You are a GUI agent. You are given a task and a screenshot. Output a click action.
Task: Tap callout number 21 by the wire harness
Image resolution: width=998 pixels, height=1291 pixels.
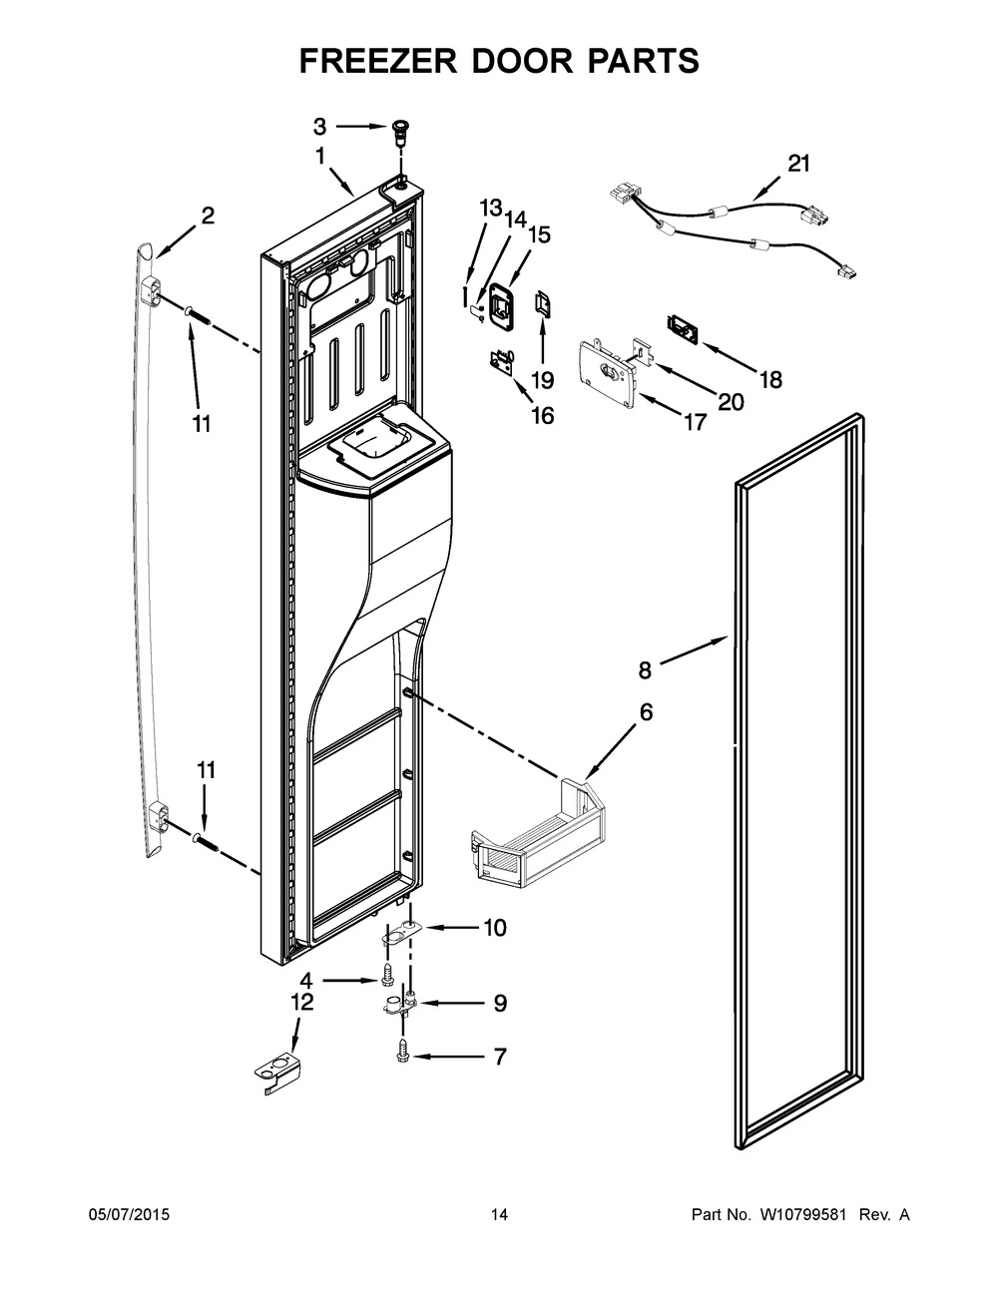point(799,164)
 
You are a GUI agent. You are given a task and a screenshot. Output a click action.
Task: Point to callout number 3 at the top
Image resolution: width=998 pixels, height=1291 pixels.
point(319,126)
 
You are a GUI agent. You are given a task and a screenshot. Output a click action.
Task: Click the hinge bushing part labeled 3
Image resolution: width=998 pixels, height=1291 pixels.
point(400,129)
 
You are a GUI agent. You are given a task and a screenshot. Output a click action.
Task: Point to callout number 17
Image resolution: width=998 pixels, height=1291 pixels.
point(693,422)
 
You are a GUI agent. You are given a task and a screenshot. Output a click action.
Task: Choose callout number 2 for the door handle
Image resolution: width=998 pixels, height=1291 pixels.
point(208,215)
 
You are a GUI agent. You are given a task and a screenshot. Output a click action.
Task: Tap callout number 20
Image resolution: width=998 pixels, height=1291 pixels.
point(732,401)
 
